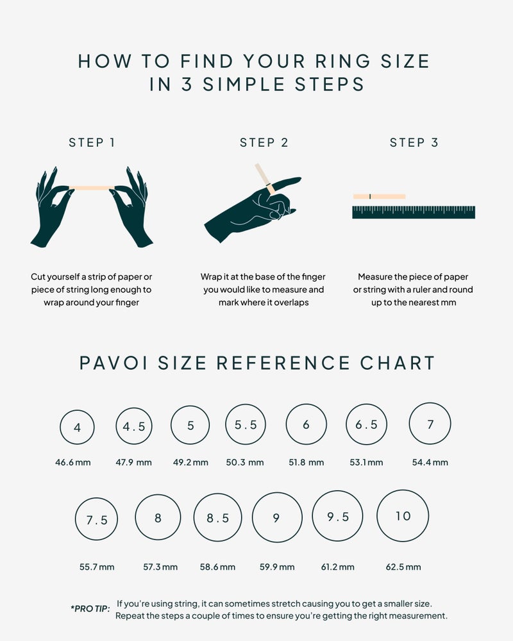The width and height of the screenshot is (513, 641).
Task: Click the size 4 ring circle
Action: [60, 427]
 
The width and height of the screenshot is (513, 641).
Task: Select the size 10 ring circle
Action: [377, 516]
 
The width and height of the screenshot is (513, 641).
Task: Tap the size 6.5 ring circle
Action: [346, 424]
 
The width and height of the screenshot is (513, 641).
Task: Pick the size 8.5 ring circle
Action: [194, 517]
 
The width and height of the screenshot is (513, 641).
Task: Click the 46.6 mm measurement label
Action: [73, 462]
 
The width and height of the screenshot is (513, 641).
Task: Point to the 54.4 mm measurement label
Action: [430, 462]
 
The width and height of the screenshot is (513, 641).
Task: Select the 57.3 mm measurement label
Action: [160, 567]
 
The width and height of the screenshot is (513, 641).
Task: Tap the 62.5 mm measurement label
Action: [403, 567]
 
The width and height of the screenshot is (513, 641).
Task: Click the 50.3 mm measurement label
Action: [244, 462]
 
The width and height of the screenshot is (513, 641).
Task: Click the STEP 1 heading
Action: [92, 143]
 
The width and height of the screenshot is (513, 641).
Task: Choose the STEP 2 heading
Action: [264, 143]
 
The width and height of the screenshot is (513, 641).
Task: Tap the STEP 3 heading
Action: [414, 143]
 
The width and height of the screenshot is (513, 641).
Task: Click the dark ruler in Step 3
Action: [414, 212]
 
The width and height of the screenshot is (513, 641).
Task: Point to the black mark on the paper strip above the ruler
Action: [370, 197]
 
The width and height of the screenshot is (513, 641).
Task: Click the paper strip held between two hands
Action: [92, 188]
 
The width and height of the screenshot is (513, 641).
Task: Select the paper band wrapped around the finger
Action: [270, 189]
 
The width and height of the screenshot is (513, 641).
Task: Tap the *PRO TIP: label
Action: [90, 609]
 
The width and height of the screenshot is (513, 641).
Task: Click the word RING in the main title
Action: [342, 62]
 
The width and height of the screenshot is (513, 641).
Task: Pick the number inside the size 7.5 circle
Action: [97, 520]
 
